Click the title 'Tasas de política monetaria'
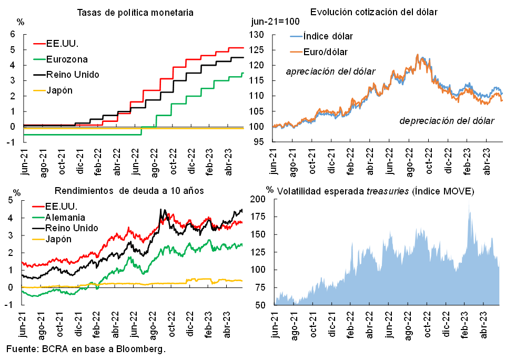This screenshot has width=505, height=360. tap(128, 12)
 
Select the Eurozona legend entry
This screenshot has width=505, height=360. tap(67, 59)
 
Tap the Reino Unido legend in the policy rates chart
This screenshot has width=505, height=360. tap(72, 74)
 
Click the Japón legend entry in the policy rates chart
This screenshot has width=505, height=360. tap(59, 90)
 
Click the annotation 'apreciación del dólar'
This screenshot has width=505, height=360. tap(330, 71)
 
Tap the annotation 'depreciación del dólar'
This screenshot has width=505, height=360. tap(447, 121)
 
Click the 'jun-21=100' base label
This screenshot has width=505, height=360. tap(275, 22)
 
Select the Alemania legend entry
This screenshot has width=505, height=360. tap(66, 217)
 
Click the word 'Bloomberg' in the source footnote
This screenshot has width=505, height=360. tap(138, 349)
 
